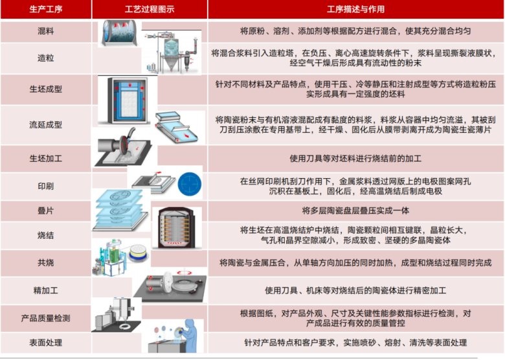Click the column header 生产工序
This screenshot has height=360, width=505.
[46, 9]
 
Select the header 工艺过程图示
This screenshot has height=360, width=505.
[150, 9]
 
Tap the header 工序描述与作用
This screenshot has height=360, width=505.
[355, 9]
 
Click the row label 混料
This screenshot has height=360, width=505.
[46, 31]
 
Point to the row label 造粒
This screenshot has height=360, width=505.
[46, 58]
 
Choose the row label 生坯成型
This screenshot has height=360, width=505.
[46, 89]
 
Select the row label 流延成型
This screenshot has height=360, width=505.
[46, 124]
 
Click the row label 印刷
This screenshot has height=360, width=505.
[46, 186]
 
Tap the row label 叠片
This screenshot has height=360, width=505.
[46, 211]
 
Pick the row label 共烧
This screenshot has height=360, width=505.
[46, 263]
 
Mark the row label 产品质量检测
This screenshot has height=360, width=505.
[46, 318]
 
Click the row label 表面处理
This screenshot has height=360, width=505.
[46, 343]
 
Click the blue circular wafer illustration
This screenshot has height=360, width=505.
[190, 184]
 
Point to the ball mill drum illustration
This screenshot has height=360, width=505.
[120, 33]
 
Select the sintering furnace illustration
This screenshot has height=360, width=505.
[176, 228]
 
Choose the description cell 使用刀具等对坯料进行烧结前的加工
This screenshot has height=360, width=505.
[355, 159]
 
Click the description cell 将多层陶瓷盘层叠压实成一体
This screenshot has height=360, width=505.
[355, 211]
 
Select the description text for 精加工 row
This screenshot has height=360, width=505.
[355, 291]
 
